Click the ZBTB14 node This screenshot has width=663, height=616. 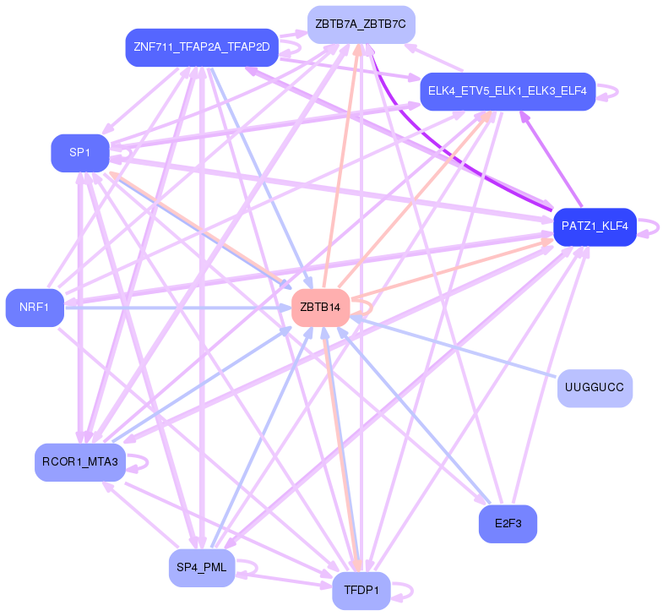click(x=320, y=308)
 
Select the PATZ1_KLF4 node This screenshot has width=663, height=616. click(x=595, y=226)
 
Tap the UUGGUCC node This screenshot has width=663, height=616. click(x=595, y=389)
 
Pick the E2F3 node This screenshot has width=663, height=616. click(x=508, y=524)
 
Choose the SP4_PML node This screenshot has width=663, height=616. click(x=202, y=567)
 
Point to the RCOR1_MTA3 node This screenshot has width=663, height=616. click(x=79, y=461)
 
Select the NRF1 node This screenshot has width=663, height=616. click(x=35, y=308)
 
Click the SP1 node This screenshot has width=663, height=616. click(x=80, y=153)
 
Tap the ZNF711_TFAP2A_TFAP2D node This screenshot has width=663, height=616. click(x=201, y=47)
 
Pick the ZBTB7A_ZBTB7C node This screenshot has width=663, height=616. click(x=361, y=25)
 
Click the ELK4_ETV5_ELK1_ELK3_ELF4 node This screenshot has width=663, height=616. click(x=508, y=90)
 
